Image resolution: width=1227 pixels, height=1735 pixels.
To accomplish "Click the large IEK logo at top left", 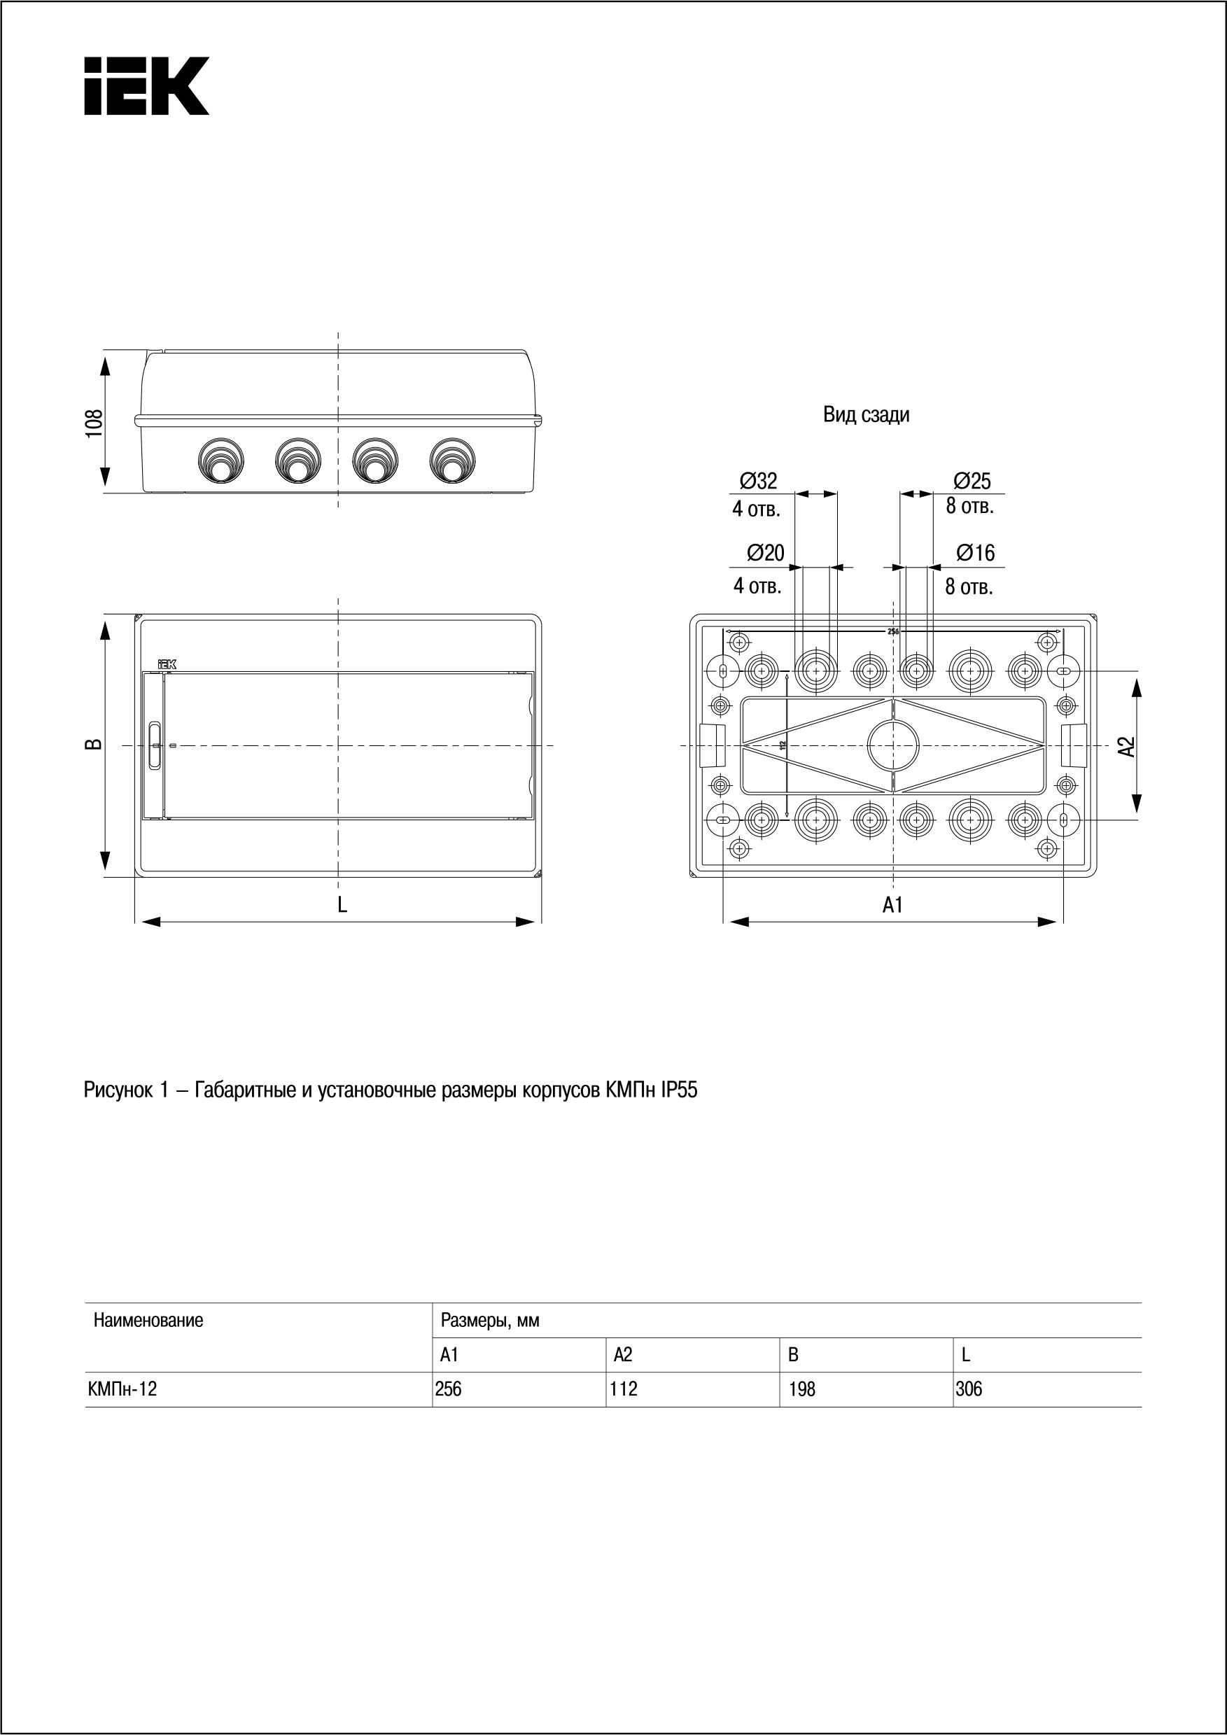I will click(146, 86).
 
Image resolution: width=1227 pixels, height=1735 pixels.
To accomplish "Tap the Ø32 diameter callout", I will click(758, 481).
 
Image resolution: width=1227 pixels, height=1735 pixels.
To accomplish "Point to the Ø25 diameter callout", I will click(972, 481).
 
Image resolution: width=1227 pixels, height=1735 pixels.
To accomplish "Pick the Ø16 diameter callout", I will click(976, 553).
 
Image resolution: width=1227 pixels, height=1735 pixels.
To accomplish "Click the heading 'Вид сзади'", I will click(866, 415).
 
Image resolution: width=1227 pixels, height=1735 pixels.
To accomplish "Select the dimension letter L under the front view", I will click(342, 904).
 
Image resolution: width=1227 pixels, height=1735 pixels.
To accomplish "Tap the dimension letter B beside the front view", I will click(93, 745).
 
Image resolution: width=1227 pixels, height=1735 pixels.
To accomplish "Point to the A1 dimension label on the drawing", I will click(893, 904).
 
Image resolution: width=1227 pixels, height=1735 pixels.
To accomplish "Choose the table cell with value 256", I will click(449, 1390).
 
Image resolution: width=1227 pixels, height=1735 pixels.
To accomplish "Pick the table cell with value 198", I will click(801, 1390).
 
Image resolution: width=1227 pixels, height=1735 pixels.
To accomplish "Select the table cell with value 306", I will click(969, 1390).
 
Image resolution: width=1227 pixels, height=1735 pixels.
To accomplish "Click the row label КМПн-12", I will click(122, 1390).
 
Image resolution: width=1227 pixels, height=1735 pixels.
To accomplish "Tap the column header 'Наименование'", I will click(148, 1321).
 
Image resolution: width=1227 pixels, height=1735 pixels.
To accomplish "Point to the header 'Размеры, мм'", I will click(489, 1321).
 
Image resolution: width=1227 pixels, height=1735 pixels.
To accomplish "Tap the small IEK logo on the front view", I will click(166, 664).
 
